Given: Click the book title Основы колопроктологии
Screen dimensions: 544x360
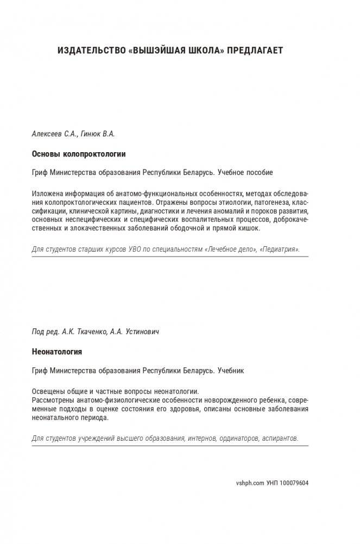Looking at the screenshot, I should tap(79, 154).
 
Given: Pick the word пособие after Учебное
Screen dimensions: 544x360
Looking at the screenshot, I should tap(260, 172).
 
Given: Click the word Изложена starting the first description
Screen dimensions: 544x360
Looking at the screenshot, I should tap(47, 194).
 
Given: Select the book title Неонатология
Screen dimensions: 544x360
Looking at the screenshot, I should tap(56, 352).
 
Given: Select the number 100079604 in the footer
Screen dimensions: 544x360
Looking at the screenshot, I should tap(294, 483).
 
